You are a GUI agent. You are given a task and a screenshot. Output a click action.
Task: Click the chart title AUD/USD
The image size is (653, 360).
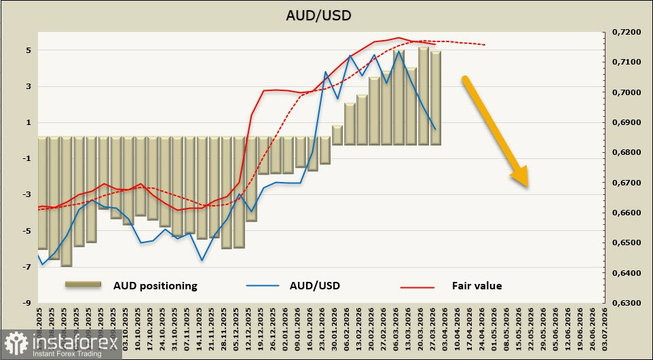[x=326, y=15]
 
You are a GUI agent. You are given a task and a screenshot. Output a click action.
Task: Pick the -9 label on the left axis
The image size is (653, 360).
[x=27, y=303]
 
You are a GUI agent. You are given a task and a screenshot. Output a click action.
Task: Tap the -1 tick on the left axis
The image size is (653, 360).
[x=27, y=158]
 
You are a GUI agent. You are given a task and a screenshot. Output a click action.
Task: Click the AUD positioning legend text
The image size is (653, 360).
[x=155, y=286]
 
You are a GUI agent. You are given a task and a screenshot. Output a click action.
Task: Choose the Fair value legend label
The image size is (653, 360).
[x=477, y=286]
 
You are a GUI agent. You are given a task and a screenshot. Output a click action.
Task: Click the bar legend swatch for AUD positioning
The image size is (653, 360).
[x=83, y=285]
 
